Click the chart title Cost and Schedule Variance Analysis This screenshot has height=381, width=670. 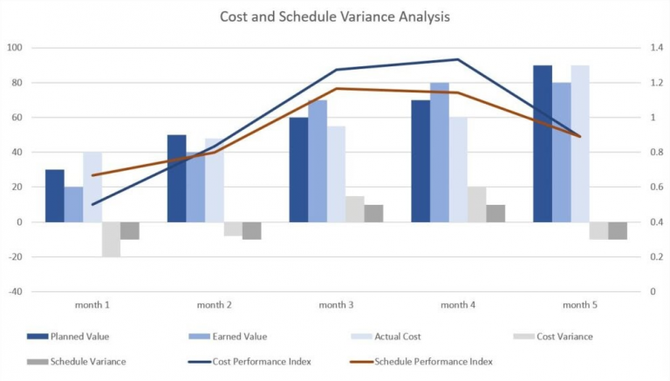[x=335, y=16]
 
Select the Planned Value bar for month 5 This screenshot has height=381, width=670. [x=543, y=144]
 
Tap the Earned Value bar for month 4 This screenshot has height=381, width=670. [x=440, y=153]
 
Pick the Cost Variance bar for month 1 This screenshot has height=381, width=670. [x=111, y=239]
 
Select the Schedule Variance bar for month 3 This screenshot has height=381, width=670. [x=373, y=214]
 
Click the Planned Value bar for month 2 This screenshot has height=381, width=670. [x=176, y=179]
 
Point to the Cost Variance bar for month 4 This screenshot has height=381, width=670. [x=476, y=205]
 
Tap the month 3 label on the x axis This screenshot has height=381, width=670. [x=336, y=305]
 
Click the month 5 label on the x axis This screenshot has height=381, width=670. [x=580, y=305]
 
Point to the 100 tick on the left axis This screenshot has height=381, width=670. [x=14, y=48]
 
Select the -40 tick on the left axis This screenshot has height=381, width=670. [x=14, y=291]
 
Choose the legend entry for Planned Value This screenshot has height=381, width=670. [x=79, y=337]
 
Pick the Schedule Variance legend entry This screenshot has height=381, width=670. [x=87, y=361]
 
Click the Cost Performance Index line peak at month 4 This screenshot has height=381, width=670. [x=458, y=59]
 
